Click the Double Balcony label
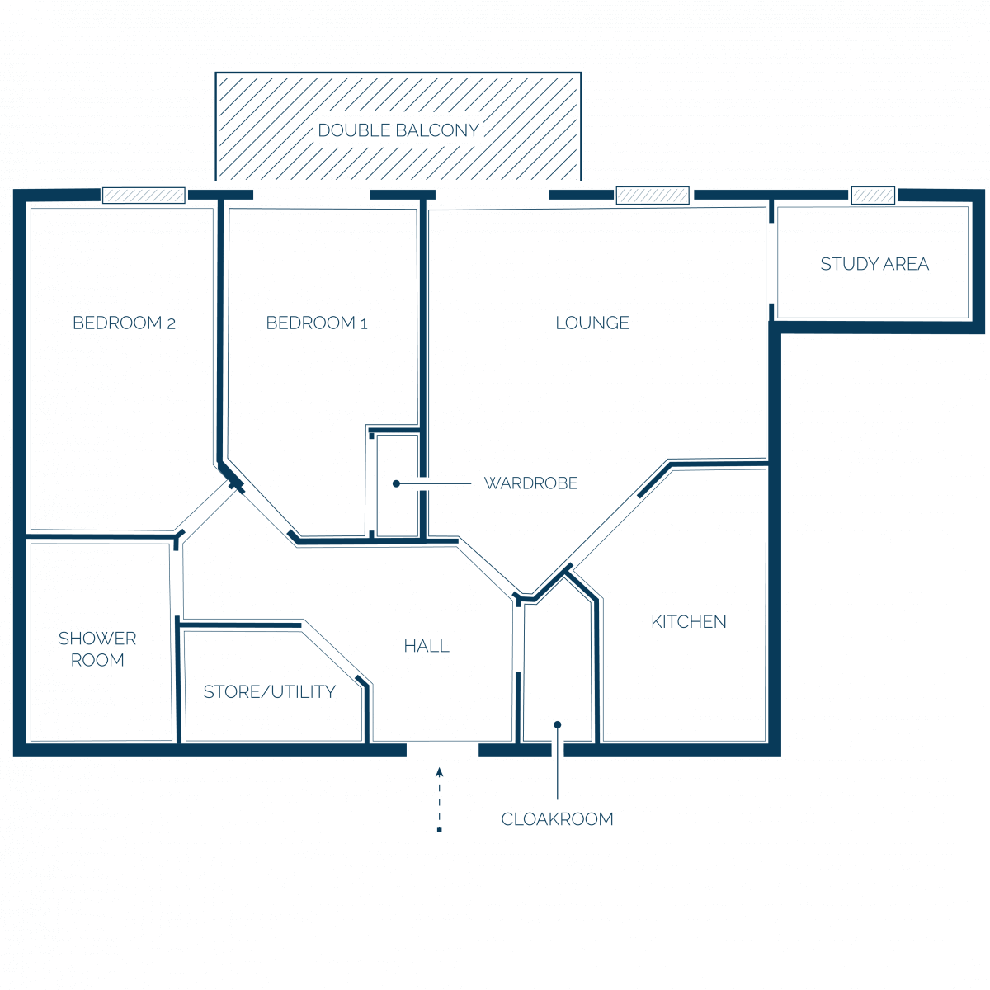[x=398, y=130]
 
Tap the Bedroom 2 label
[x=125, y=323]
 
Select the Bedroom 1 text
[x=317, y=323]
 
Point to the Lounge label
[x=592, y=323]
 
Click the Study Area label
[x=874, y=264]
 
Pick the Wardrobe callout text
[x=530, y=483]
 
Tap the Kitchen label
[x=688, y=622]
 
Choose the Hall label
[x=427, y=646]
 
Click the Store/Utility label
[x=270, y=691]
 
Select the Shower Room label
[x=97, y=649]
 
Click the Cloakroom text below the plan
[x=558, y=819]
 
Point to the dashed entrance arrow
[x=439, y=799]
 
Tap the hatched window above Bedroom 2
[x=144, y=196]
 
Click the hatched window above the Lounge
[x=653, y=196]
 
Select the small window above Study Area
[x=873, y=196]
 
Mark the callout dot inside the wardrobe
[x=396, y=483]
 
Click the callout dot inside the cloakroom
[x=558, y=724]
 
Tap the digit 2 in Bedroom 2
[x=171, y=323]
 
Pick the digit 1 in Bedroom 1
[x=364, y=323]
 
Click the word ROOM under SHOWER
[x=97, y=660]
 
